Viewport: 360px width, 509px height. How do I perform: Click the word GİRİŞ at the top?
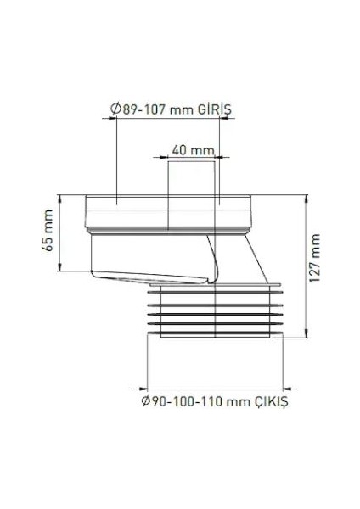215,109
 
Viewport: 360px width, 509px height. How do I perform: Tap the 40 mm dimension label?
194,151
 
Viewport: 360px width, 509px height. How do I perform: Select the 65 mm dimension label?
48,230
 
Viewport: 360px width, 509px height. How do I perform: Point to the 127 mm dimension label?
314,259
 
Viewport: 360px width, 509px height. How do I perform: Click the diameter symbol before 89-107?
115,109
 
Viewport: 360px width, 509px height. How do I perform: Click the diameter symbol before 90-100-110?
145,401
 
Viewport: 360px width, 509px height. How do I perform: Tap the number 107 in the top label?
155,109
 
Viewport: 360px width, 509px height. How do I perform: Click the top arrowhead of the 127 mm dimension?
306,199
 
